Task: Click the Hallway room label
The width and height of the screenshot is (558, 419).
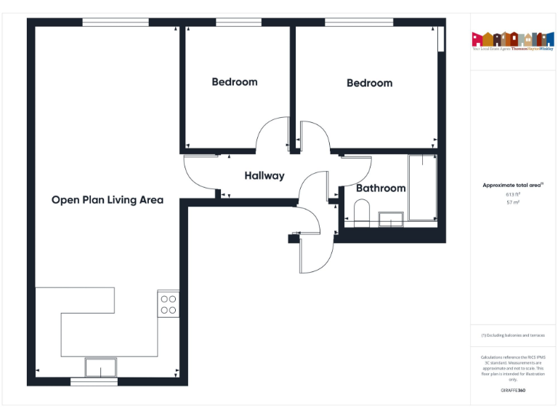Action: click(x=264, y=176)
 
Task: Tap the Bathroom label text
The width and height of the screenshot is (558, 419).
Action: click(x=381, y=188)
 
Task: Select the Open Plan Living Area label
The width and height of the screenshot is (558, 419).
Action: click(x=108, y=200)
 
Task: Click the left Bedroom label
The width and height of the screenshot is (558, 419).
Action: click(x=235, y=82)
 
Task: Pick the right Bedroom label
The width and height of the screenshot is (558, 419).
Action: click(x=369, y=83)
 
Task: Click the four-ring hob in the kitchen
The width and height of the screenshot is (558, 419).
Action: click(x=168, y=304)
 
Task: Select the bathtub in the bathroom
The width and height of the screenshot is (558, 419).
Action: click(x=422, y=188)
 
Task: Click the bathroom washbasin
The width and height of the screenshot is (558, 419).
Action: click(x=393, y=218)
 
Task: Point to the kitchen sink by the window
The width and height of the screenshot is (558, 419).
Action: click(x=100, y=367)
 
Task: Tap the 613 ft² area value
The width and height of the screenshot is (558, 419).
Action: click(x=513, y=194)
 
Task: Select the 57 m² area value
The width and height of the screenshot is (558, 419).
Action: click(x=513, y=202)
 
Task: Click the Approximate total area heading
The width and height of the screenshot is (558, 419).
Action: click(x=512, y=185)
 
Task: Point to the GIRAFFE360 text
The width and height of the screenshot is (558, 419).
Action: click(x=513, y=391)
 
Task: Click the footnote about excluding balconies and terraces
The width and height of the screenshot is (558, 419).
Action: click(x=513, y=335)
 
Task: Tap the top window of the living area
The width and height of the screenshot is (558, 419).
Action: click(x=116, y=22)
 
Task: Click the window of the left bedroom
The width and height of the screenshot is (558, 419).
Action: click(x=239, y=23)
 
